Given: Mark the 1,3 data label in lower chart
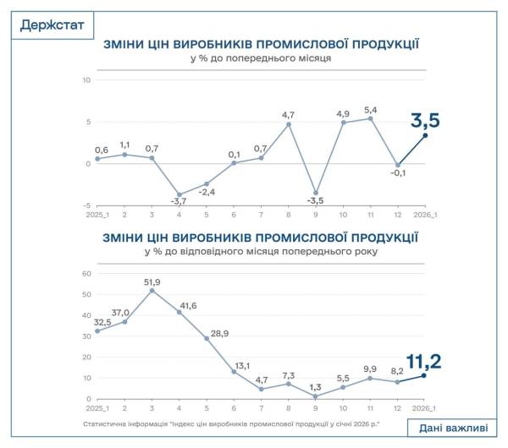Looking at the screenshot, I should pos(315,386).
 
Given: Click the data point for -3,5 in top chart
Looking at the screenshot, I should pos(316,193).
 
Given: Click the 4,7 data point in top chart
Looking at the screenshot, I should pos(289,124).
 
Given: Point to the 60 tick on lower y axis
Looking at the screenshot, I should pos(85,274).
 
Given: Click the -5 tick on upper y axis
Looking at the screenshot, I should pos(86,205).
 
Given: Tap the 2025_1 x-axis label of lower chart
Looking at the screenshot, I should pos(97,409).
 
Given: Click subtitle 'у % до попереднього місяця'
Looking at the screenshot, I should pos(261,60).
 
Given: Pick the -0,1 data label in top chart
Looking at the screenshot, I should pos(398,175).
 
